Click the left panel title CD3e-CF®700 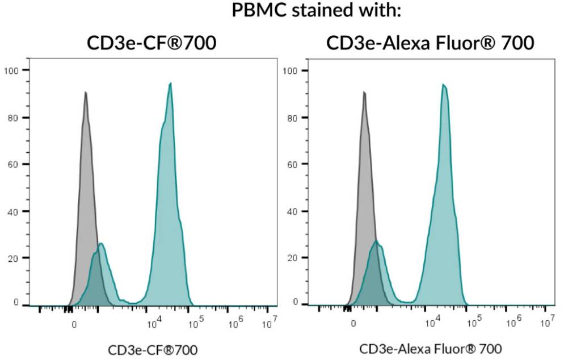point(151,43)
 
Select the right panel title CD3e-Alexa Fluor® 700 point(430,43)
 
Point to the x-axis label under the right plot point(431,349)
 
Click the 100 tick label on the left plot point(12,70)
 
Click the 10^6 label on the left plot point(235,324)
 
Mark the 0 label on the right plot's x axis point(353,324)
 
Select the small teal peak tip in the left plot point(101,244)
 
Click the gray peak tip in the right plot point(364,92)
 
